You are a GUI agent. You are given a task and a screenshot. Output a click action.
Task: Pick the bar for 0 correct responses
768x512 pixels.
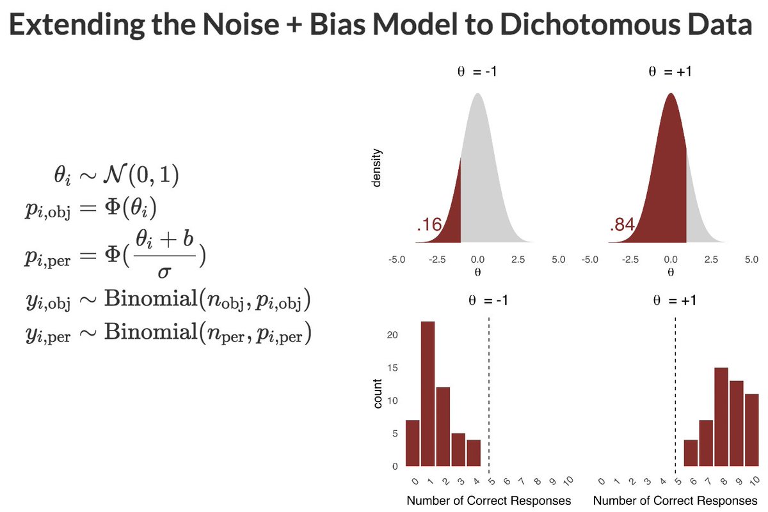click(413, 444)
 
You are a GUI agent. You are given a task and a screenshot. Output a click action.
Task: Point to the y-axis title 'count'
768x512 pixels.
click(378, 394)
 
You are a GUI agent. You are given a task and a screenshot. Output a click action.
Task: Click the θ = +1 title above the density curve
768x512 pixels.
click(669, 72)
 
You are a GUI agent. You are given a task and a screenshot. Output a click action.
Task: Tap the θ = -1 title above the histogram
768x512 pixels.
click(477, 303)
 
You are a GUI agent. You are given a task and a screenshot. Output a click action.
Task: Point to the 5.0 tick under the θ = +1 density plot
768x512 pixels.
click(751, 260)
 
